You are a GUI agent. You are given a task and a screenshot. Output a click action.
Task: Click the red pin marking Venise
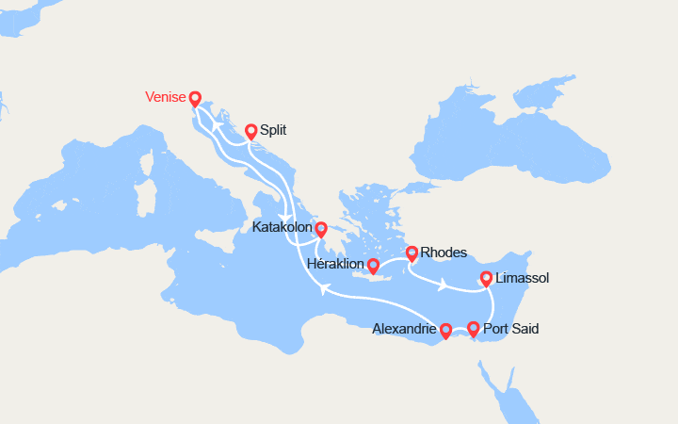coord(195,99)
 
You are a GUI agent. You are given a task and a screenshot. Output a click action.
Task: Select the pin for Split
coord(251,132)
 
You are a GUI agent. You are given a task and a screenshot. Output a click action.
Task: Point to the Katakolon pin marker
coord(321,229)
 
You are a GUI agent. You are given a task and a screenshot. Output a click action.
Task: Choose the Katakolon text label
coord(283,227)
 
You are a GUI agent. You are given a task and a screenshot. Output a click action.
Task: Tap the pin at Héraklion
coord(373,267)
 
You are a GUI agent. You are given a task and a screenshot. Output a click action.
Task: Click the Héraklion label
coord(336,266)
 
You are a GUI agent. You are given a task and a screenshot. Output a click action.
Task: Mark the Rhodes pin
coord(412,253)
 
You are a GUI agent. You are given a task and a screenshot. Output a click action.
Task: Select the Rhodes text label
coord(444,253)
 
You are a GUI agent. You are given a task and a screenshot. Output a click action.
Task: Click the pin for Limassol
coord(486,279)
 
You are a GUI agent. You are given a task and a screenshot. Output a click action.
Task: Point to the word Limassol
coord(522,278)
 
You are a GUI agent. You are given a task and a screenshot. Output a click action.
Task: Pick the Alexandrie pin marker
coord(446,331)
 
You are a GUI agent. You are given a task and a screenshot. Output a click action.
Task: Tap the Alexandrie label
coord(404,329)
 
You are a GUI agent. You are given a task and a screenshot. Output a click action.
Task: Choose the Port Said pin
coord(473,329)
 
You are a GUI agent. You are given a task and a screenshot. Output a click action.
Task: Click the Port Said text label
coord(511,329)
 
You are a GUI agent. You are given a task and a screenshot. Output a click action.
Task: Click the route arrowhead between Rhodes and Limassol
coord(442,285)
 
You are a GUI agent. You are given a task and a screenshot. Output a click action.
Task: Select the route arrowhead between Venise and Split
coord(218,126)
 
